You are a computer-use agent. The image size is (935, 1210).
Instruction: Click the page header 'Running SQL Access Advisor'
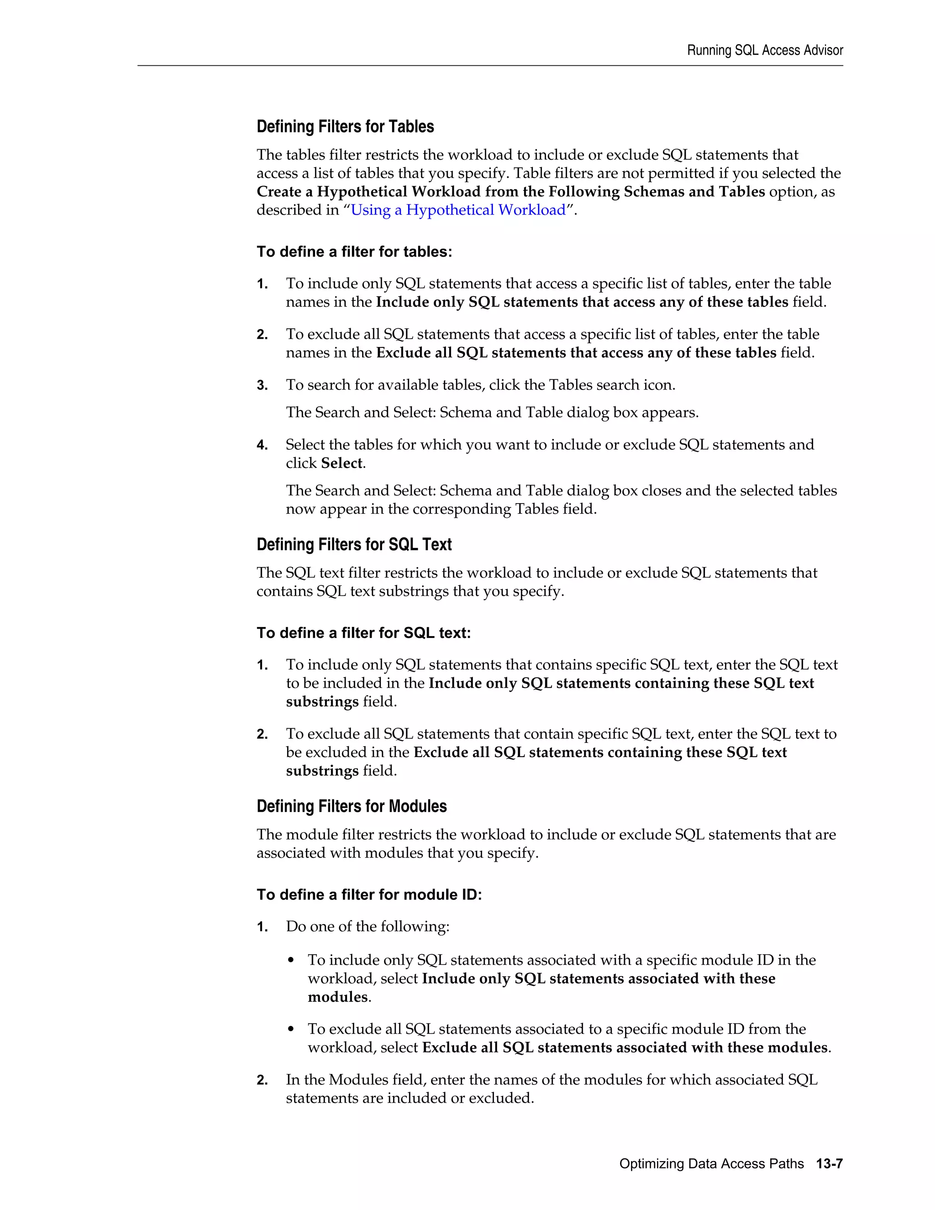[764, 50]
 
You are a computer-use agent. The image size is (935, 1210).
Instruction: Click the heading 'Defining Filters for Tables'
[345, 127]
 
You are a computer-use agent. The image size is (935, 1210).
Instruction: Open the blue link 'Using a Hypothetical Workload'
[458, 210]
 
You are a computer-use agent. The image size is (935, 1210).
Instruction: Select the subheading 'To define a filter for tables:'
[354, 252]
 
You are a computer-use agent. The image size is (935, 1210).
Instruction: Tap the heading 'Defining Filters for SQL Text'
[354, 545]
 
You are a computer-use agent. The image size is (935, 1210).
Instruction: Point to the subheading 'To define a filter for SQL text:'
[363, 633]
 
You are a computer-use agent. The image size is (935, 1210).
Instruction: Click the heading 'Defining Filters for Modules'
[351, 806]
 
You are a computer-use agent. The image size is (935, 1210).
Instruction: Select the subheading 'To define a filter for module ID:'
[369, 895]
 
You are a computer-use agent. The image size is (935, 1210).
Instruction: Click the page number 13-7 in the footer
[829, 1163]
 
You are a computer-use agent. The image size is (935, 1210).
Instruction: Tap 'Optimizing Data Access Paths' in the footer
[711, 1163]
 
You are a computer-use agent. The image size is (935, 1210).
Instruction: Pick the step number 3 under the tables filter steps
[262, 386]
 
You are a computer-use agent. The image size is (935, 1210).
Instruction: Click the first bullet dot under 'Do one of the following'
[291, 961]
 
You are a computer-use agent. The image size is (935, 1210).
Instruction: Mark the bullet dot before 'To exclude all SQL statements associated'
[291, 1029]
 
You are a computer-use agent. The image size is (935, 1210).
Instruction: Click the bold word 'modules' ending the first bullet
[337, 997]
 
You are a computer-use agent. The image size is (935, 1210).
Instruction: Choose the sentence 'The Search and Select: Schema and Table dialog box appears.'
[492, 413]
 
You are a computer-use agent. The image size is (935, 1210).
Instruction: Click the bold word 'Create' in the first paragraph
[278, 192]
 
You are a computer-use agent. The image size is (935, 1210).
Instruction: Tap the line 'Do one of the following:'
[367, 926]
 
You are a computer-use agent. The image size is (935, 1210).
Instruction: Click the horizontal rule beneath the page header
[490, 66]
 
